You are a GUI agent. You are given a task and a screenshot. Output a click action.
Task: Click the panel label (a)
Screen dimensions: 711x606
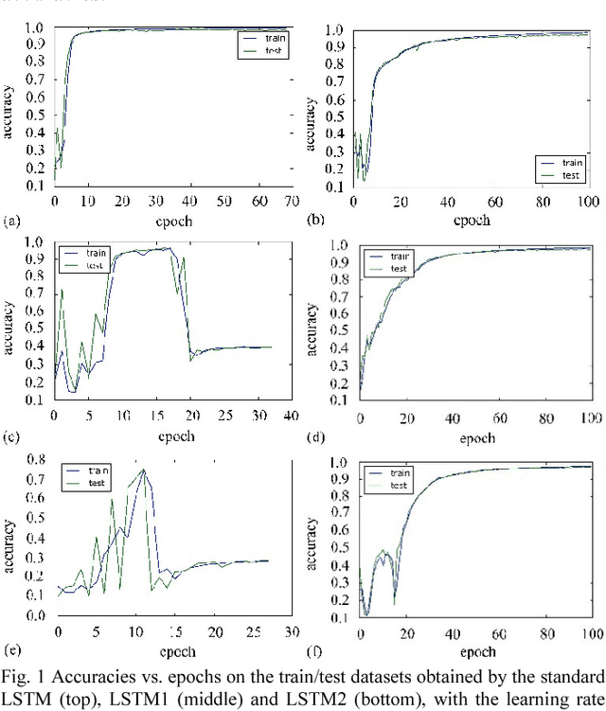click(x=11, y=222)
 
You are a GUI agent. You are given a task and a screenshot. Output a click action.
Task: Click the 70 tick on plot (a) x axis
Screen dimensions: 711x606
click(x=290, y=203)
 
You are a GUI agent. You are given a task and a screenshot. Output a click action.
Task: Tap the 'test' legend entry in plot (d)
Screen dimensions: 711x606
click(x=401, y=269)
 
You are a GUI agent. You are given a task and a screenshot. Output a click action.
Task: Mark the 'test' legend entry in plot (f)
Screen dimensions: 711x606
click(x=399, y=485)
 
